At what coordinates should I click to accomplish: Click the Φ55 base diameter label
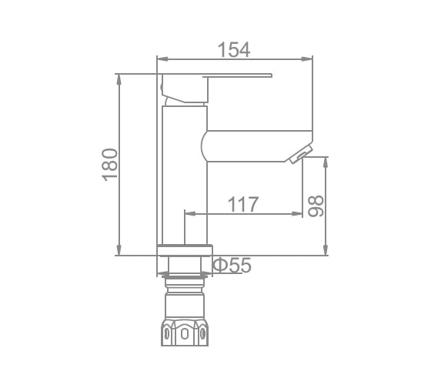pos(231,265)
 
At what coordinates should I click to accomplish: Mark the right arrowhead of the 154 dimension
pos(309,59)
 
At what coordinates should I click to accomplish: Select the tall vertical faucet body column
pos(185,177)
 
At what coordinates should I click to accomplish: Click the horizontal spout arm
pos(254,145)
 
